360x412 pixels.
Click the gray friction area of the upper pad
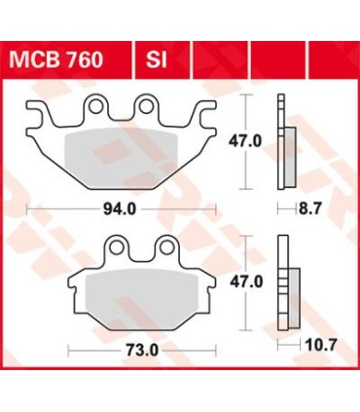tap(126, 151)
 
